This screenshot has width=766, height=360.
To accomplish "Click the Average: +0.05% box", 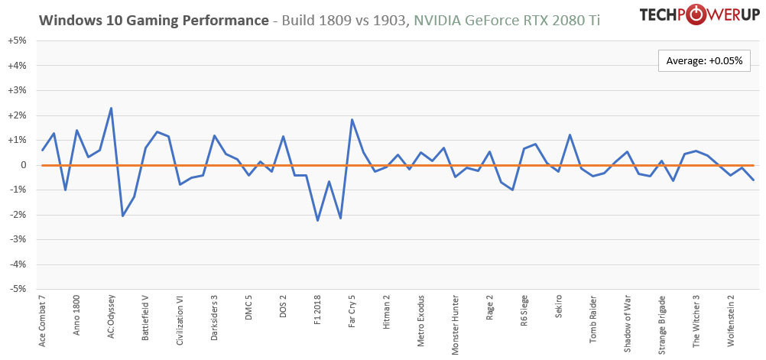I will coord(705,60).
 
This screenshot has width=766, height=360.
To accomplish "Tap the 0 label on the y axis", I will coord(21,165).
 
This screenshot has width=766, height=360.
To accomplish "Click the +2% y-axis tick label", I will coord(18,115).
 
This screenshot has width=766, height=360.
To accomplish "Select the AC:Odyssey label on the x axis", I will coord(112,316).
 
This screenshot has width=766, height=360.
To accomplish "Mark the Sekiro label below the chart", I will coord(559,307).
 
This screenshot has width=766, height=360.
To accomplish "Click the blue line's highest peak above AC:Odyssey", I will coord(112,108).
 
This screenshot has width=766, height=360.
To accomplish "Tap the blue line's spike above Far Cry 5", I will coord(352,119).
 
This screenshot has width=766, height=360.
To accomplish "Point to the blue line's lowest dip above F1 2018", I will coord(317,220).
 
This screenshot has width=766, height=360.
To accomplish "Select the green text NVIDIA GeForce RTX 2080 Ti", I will coord(506,21).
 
